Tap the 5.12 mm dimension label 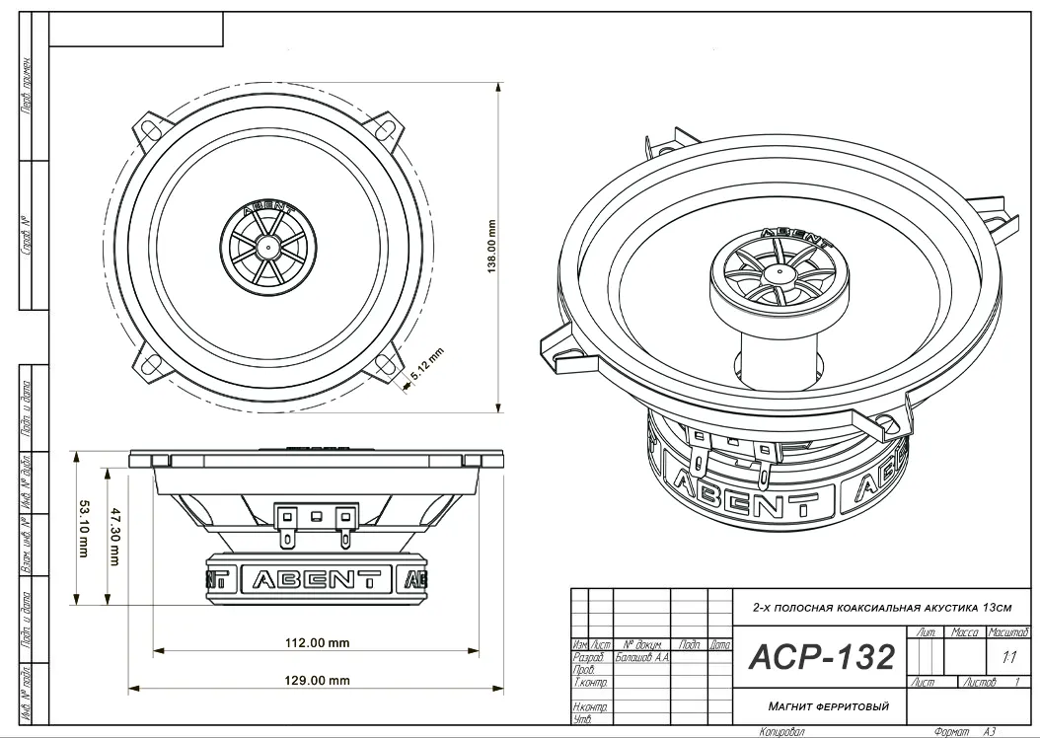point(426,367)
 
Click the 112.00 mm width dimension point(318,642)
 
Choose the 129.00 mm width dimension point(318,680)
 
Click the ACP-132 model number point(822,656)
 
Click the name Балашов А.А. point(641,656)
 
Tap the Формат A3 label point(972,732)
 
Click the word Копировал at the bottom point(782,732)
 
